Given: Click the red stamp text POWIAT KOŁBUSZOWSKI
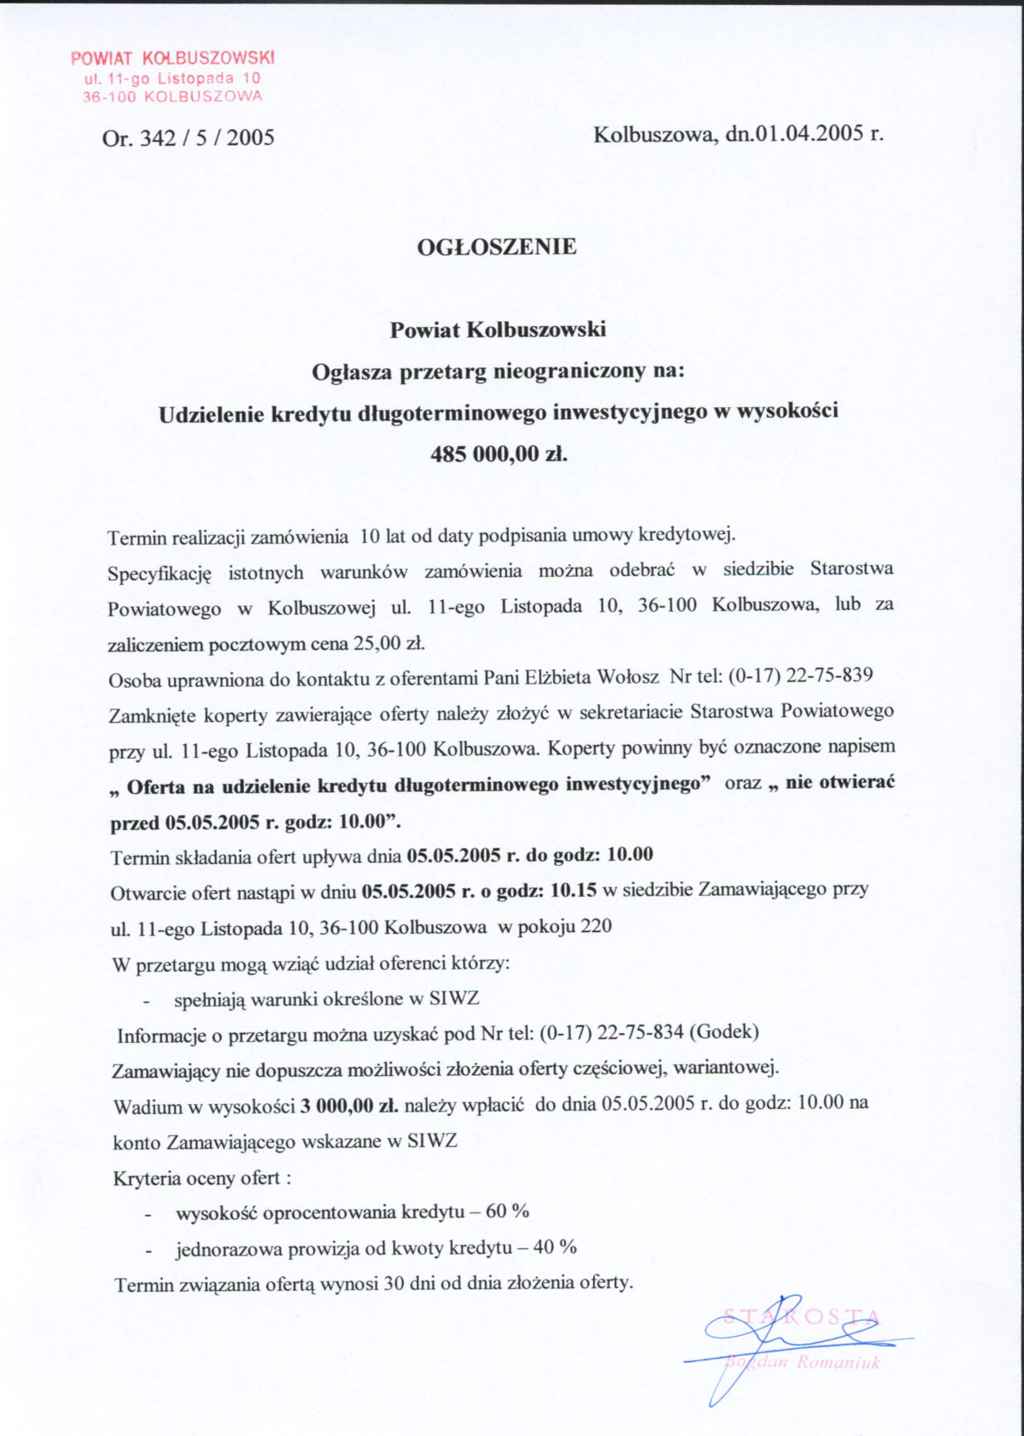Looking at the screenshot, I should [x=172, y=58].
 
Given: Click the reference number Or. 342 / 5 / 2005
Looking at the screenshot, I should [x=188, y=137].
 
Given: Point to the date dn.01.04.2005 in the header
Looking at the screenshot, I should [x=795, y=133].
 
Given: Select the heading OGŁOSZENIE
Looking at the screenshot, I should [x=497, y=247].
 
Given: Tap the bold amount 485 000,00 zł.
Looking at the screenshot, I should [x=498, y=454].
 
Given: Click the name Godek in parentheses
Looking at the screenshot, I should [x=723, y=1032].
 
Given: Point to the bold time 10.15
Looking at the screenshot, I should [x=573, y=891].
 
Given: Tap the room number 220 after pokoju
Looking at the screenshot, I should [x=596, y=926].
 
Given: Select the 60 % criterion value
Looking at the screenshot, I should [x=507, y=1212].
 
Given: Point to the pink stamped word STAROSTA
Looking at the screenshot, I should [x=801, y=1317].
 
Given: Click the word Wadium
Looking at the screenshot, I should [x=142, y=1107].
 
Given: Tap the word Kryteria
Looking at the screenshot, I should [x=147, y=1178].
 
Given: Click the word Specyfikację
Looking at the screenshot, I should [x=160, y=573].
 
